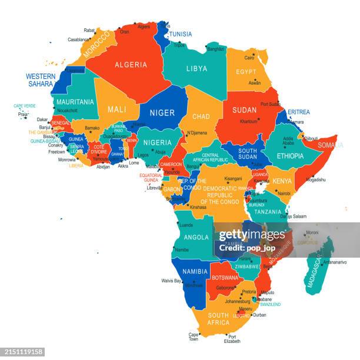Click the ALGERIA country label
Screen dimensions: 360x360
click(x=131, y=65)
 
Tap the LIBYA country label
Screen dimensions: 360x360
click(x=196, y=68)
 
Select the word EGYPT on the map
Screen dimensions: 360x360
click(x=246, y=72)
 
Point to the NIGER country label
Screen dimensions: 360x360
click(x=162, y=113)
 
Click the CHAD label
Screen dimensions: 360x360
click(x=201, y=116)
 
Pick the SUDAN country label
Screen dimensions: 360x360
click(x=244, y=110)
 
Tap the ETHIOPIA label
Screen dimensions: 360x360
click(x=290, y=156)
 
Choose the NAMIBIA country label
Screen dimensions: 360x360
click(x=195, y=271)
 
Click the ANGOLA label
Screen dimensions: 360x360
click(x=196, y=238)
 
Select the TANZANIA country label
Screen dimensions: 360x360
click(x=268, y=212)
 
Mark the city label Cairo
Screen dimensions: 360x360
click(x=249, y=58)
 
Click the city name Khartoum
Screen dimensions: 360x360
click(x=248, y=121)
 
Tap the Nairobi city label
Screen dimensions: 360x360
click(x=284, y=193)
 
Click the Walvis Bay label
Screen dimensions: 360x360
click(x=171, y=281)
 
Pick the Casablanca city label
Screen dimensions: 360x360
click(x=78, y=40)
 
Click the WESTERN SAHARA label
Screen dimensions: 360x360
click(x=41, y=80)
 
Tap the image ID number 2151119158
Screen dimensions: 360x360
click(x=22, y=351)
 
